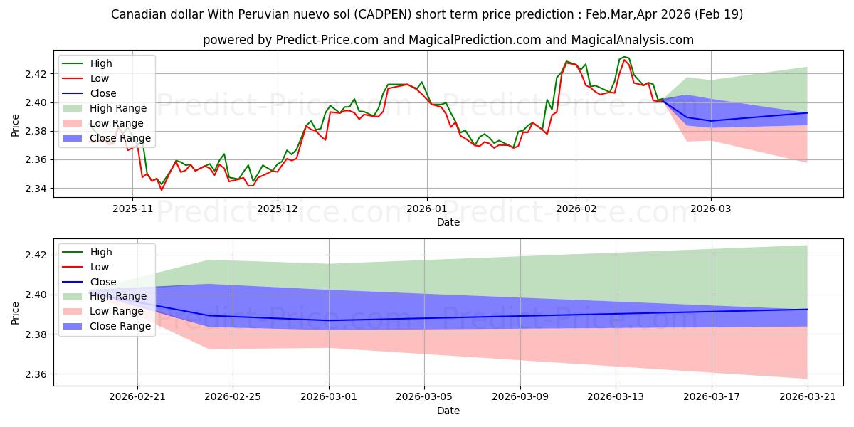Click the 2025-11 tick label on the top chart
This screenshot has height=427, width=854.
coord(132,209)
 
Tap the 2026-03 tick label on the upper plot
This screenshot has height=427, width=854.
coord(711,209)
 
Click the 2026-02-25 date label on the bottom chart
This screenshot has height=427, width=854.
coord(233,397)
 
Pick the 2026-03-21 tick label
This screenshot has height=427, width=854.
coord(808,397)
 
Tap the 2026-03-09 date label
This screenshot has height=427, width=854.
coord(520,397)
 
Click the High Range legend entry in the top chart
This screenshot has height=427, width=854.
coord(104,108)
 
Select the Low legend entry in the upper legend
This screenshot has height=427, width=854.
coord(85,78)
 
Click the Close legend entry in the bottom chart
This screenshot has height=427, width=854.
coord(89,282)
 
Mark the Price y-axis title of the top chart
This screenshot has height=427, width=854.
coord(15,125)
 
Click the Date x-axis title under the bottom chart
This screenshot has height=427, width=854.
coord(448,411)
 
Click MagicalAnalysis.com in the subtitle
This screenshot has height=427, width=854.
coord(632,40)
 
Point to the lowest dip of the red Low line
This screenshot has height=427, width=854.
coord(162,190)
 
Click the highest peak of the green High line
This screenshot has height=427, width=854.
coord(623,57)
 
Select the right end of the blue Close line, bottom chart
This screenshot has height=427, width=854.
coord(808,309)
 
